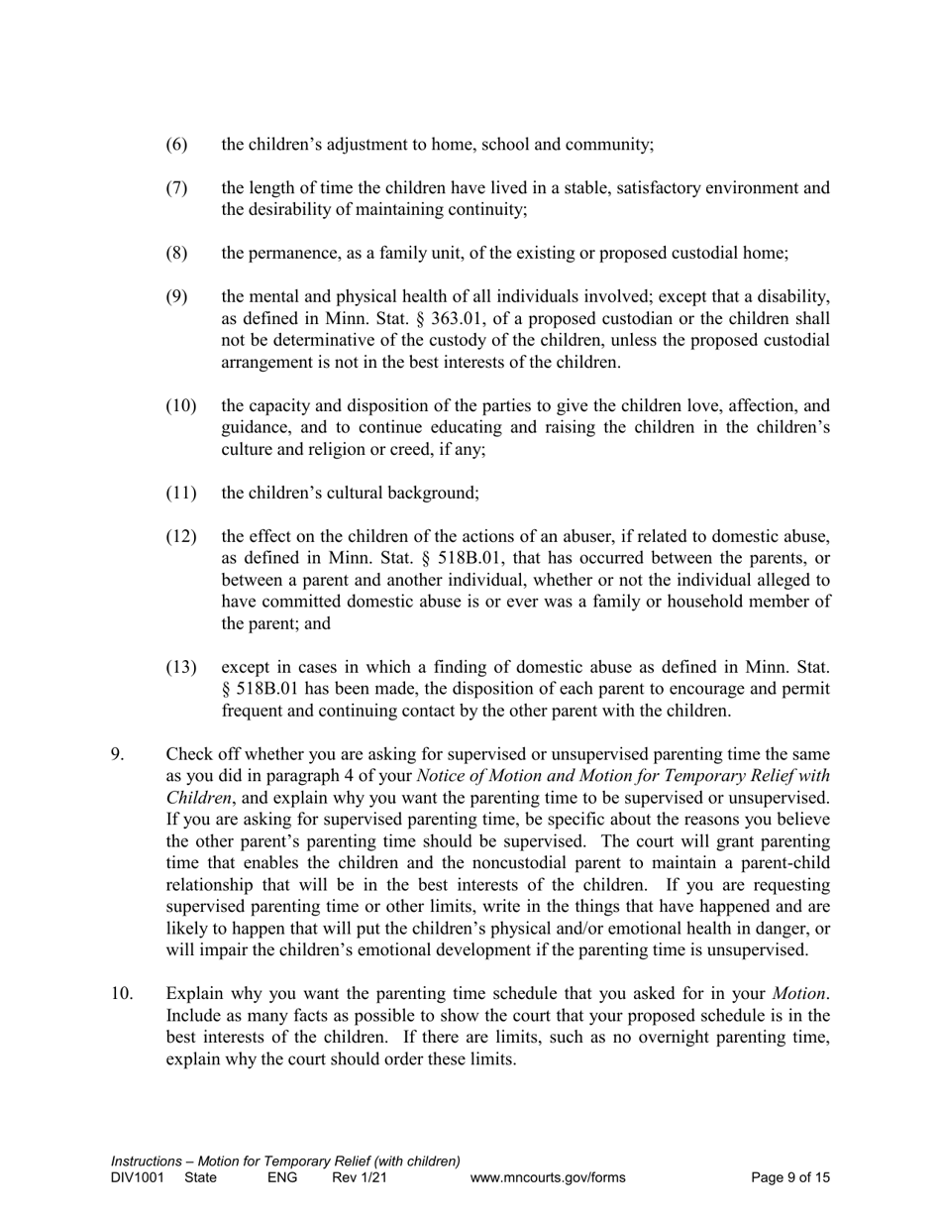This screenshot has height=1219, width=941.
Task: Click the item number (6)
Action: point(175,145)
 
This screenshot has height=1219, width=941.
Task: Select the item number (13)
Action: point(180,666)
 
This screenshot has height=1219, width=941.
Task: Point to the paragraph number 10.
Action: point(121,994)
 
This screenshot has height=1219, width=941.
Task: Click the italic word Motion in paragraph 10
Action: point(799,994)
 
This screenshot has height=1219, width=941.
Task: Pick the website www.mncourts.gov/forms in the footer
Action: point(548,1178)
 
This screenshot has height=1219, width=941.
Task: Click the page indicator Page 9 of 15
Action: point(790,1178)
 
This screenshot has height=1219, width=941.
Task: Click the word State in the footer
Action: point(201,1178)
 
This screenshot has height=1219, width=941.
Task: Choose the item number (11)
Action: point(180,493)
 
